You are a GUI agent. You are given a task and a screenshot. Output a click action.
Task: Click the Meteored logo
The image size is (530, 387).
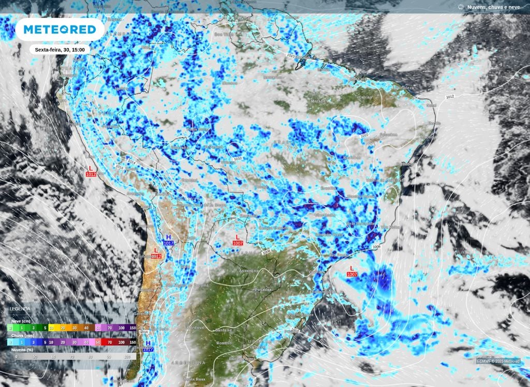click(56, 30)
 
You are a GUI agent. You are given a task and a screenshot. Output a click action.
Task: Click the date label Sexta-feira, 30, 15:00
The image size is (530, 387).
click(60, 50)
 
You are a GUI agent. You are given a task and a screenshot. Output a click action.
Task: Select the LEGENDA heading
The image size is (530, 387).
click(20, 309)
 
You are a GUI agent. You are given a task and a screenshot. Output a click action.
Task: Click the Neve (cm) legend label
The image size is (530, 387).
click(20, 321)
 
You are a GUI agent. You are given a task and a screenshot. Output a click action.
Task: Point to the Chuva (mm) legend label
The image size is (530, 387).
click(21, 335)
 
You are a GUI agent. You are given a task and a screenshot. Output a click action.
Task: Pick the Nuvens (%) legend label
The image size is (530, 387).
click(20, 350)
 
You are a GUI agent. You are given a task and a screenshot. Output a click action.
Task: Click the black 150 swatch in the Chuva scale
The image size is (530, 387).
click(132, 342)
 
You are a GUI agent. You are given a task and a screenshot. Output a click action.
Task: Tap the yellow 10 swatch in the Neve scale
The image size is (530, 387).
click(50, 328)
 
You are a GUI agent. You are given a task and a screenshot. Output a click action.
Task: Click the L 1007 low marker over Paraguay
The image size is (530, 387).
click(238, 240)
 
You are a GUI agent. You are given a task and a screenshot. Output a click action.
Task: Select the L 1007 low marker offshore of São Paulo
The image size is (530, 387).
click(352, 271)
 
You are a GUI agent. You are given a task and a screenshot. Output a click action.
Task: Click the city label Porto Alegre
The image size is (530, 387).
click(301, 315)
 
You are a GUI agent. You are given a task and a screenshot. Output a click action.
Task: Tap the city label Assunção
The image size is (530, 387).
click(248, 271)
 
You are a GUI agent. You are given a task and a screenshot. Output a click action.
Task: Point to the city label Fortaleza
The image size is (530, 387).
click(403, 88)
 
